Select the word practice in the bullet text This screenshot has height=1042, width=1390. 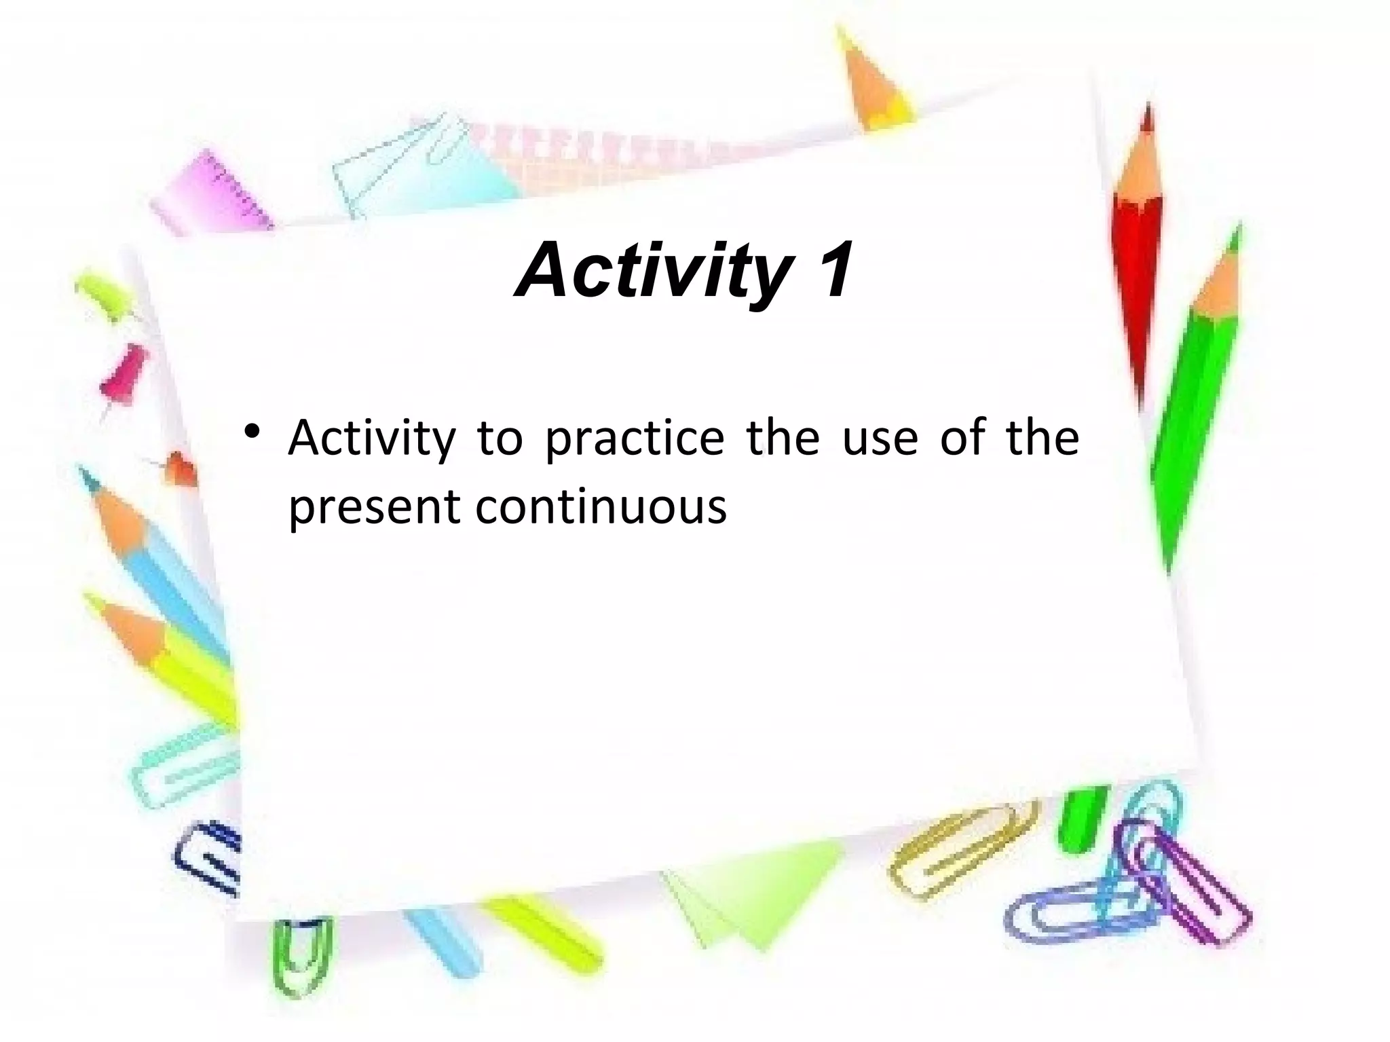(635, 439)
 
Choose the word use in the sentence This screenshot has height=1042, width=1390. (880, 439)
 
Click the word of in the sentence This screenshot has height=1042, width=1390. (962, 438)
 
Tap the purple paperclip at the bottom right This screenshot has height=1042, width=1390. (1188, 882)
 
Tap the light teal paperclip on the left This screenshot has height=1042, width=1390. (183, 767)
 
